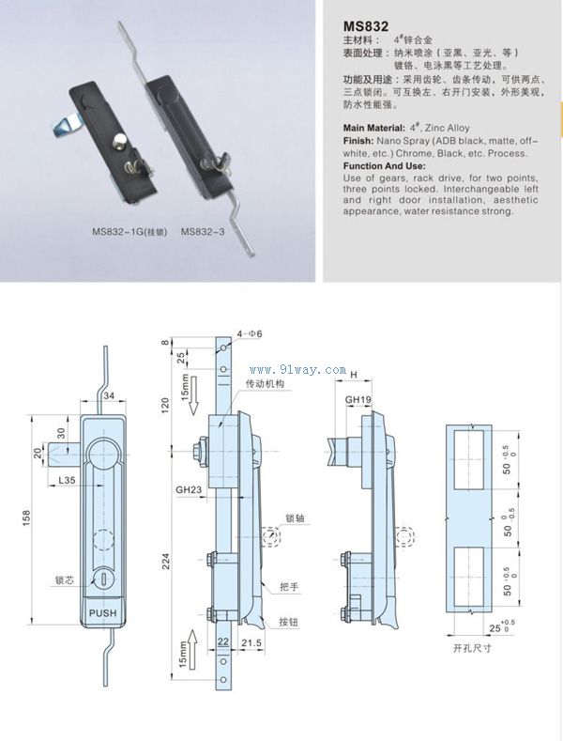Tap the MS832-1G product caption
pyautogui.click(x=129, y=231)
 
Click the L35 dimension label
pyautogui.click(x=67, y=480)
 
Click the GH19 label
pyautogui.click(x=358, y=399)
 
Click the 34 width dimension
pyautogui.click(x=109, y=396)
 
